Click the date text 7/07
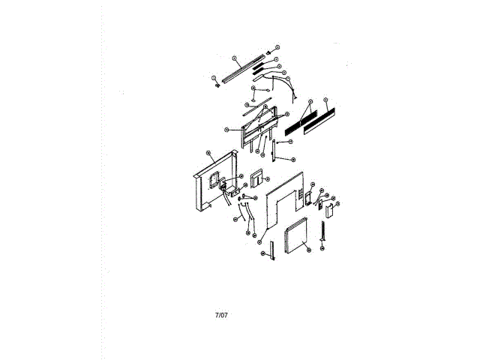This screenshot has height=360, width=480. pos(221,314)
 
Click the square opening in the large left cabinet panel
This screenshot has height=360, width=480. pos(215,180)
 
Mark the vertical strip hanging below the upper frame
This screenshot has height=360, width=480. pos(274,149)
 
